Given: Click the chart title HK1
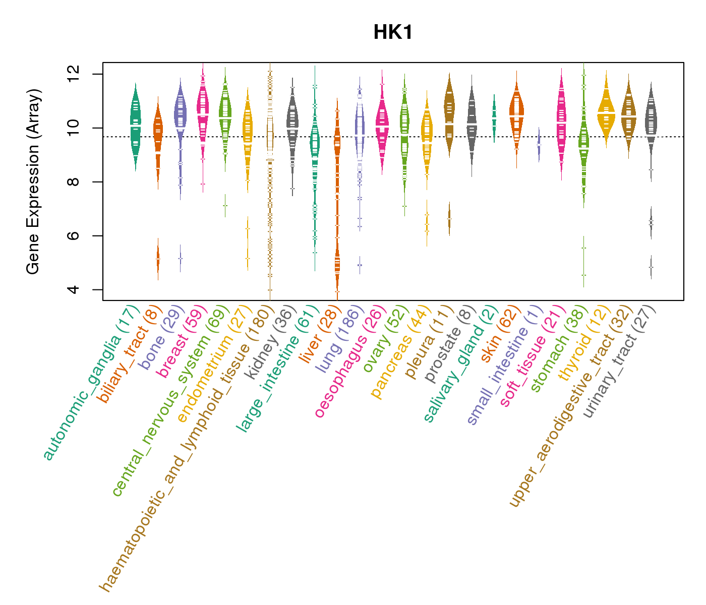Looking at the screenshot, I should click(393, 33).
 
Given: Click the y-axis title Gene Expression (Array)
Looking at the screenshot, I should click(33, 182).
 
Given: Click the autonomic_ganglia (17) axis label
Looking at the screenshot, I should click(91, 383).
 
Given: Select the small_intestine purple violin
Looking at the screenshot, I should click(539, 144).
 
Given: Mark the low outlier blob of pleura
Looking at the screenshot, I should click(449, 219).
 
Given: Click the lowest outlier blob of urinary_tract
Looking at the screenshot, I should click(651, 267).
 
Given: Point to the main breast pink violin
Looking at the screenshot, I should click(203, 111).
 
